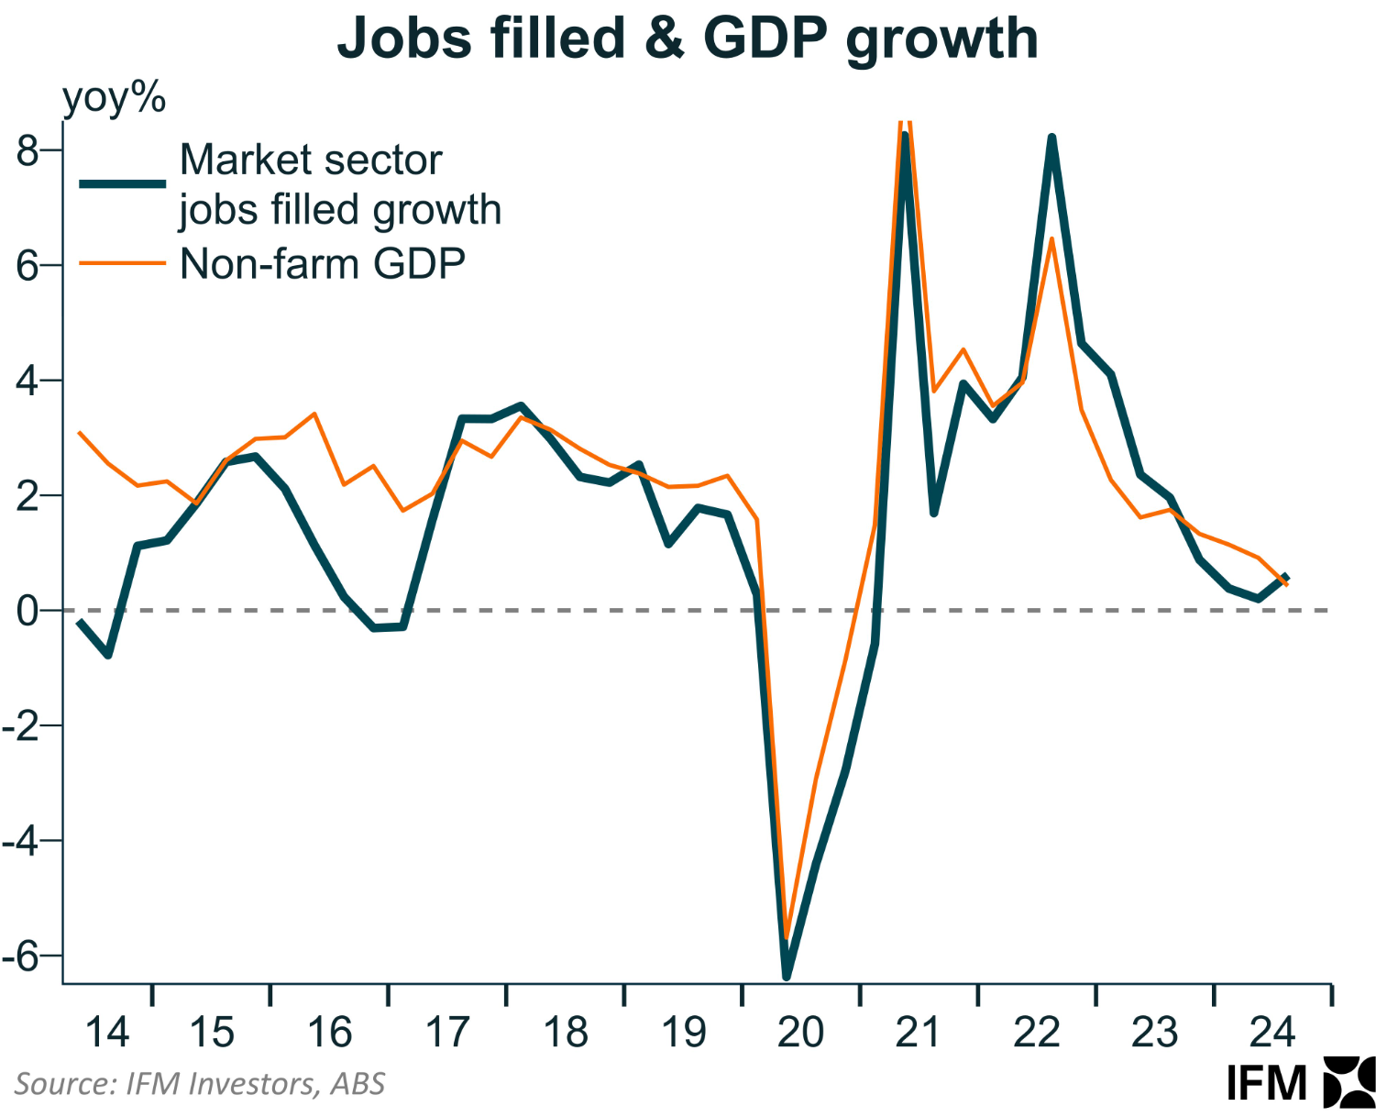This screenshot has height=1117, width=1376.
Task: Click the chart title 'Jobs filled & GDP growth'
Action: [688, 39]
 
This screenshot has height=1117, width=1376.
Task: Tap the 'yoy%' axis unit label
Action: [114, 97]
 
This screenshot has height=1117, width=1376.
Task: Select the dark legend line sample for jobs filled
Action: [123, 183]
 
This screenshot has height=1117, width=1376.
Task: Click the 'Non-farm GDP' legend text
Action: [323, 264]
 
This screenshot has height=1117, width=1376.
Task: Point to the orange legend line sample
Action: [123, 264]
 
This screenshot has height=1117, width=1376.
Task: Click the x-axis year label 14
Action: [107, 1033]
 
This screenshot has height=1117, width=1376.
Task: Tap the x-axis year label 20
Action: [800, 1033]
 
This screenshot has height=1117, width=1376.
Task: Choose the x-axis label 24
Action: [1272, 1033]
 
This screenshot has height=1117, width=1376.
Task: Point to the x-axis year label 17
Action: [447, 1033]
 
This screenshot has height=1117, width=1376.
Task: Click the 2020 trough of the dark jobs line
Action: [787, 976]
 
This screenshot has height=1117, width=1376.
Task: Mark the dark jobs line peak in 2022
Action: [1051, 138]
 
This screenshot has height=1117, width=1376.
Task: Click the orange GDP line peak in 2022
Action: [1051, 239]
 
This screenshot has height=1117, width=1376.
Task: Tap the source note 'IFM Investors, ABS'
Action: [200, 1084]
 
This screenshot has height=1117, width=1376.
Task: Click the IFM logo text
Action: [1267, 1084]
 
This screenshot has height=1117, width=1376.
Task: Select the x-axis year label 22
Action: [1037, 1033]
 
